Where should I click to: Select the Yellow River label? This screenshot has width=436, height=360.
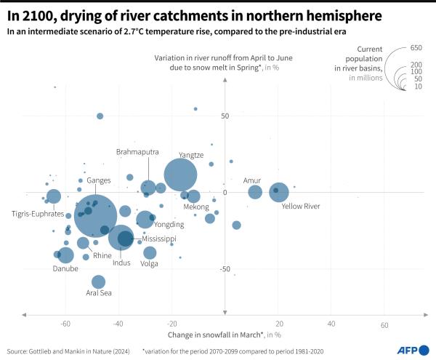(301, 207)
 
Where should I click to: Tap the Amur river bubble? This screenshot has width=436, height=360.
(255, 192)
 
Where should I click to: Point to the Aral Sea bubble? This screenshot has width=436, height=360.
(99, 282)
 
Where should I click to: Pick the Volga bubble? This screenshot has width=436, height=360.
(150, 252)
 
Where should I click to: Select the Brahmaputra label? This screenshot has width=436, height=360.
(137, 151)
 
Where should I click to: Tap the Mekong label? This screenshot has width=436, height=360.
(195, 207)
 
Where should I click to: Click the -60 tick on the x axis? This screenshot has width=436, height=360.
(65, 325)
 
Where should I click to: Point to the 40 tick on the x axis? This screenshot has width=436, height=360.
(331, 325)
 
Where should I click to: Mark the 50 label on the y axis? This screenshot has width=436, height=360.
(225, 116)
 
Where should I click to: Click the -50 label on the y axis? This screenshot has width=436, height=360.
(223, 269)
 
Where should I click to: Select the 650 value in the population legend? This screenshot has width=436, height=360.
(416, 47)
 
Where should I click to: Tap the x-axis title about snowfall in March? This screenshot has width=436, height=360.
(225, 334)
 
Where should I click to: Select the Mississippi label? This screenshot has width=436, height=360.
(158, 238)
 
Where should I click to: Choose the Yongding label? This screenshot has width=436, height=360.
(169, 225)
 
